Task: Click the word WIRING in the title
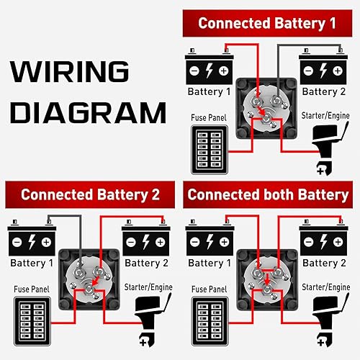tap(68, 73)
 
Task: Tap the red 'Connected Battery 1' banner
tap(267, 22)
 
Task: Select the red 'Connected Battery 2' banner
tap(89, 194)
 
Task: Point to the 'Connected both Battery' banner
tap(267, 194)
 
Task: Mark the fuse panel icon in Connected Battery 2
tap(30, 318)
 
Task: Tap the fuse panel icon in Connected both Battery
tap(208, 318)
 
